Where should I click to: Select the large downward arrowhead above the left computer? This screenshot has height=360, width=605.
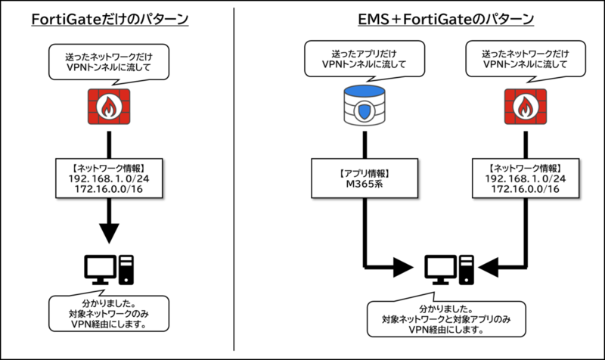pyautogui.click(x=110, y=231)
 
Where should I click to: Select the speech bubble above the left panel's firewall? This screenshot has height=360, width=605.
pyautogui.click(x=110, y=60)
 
